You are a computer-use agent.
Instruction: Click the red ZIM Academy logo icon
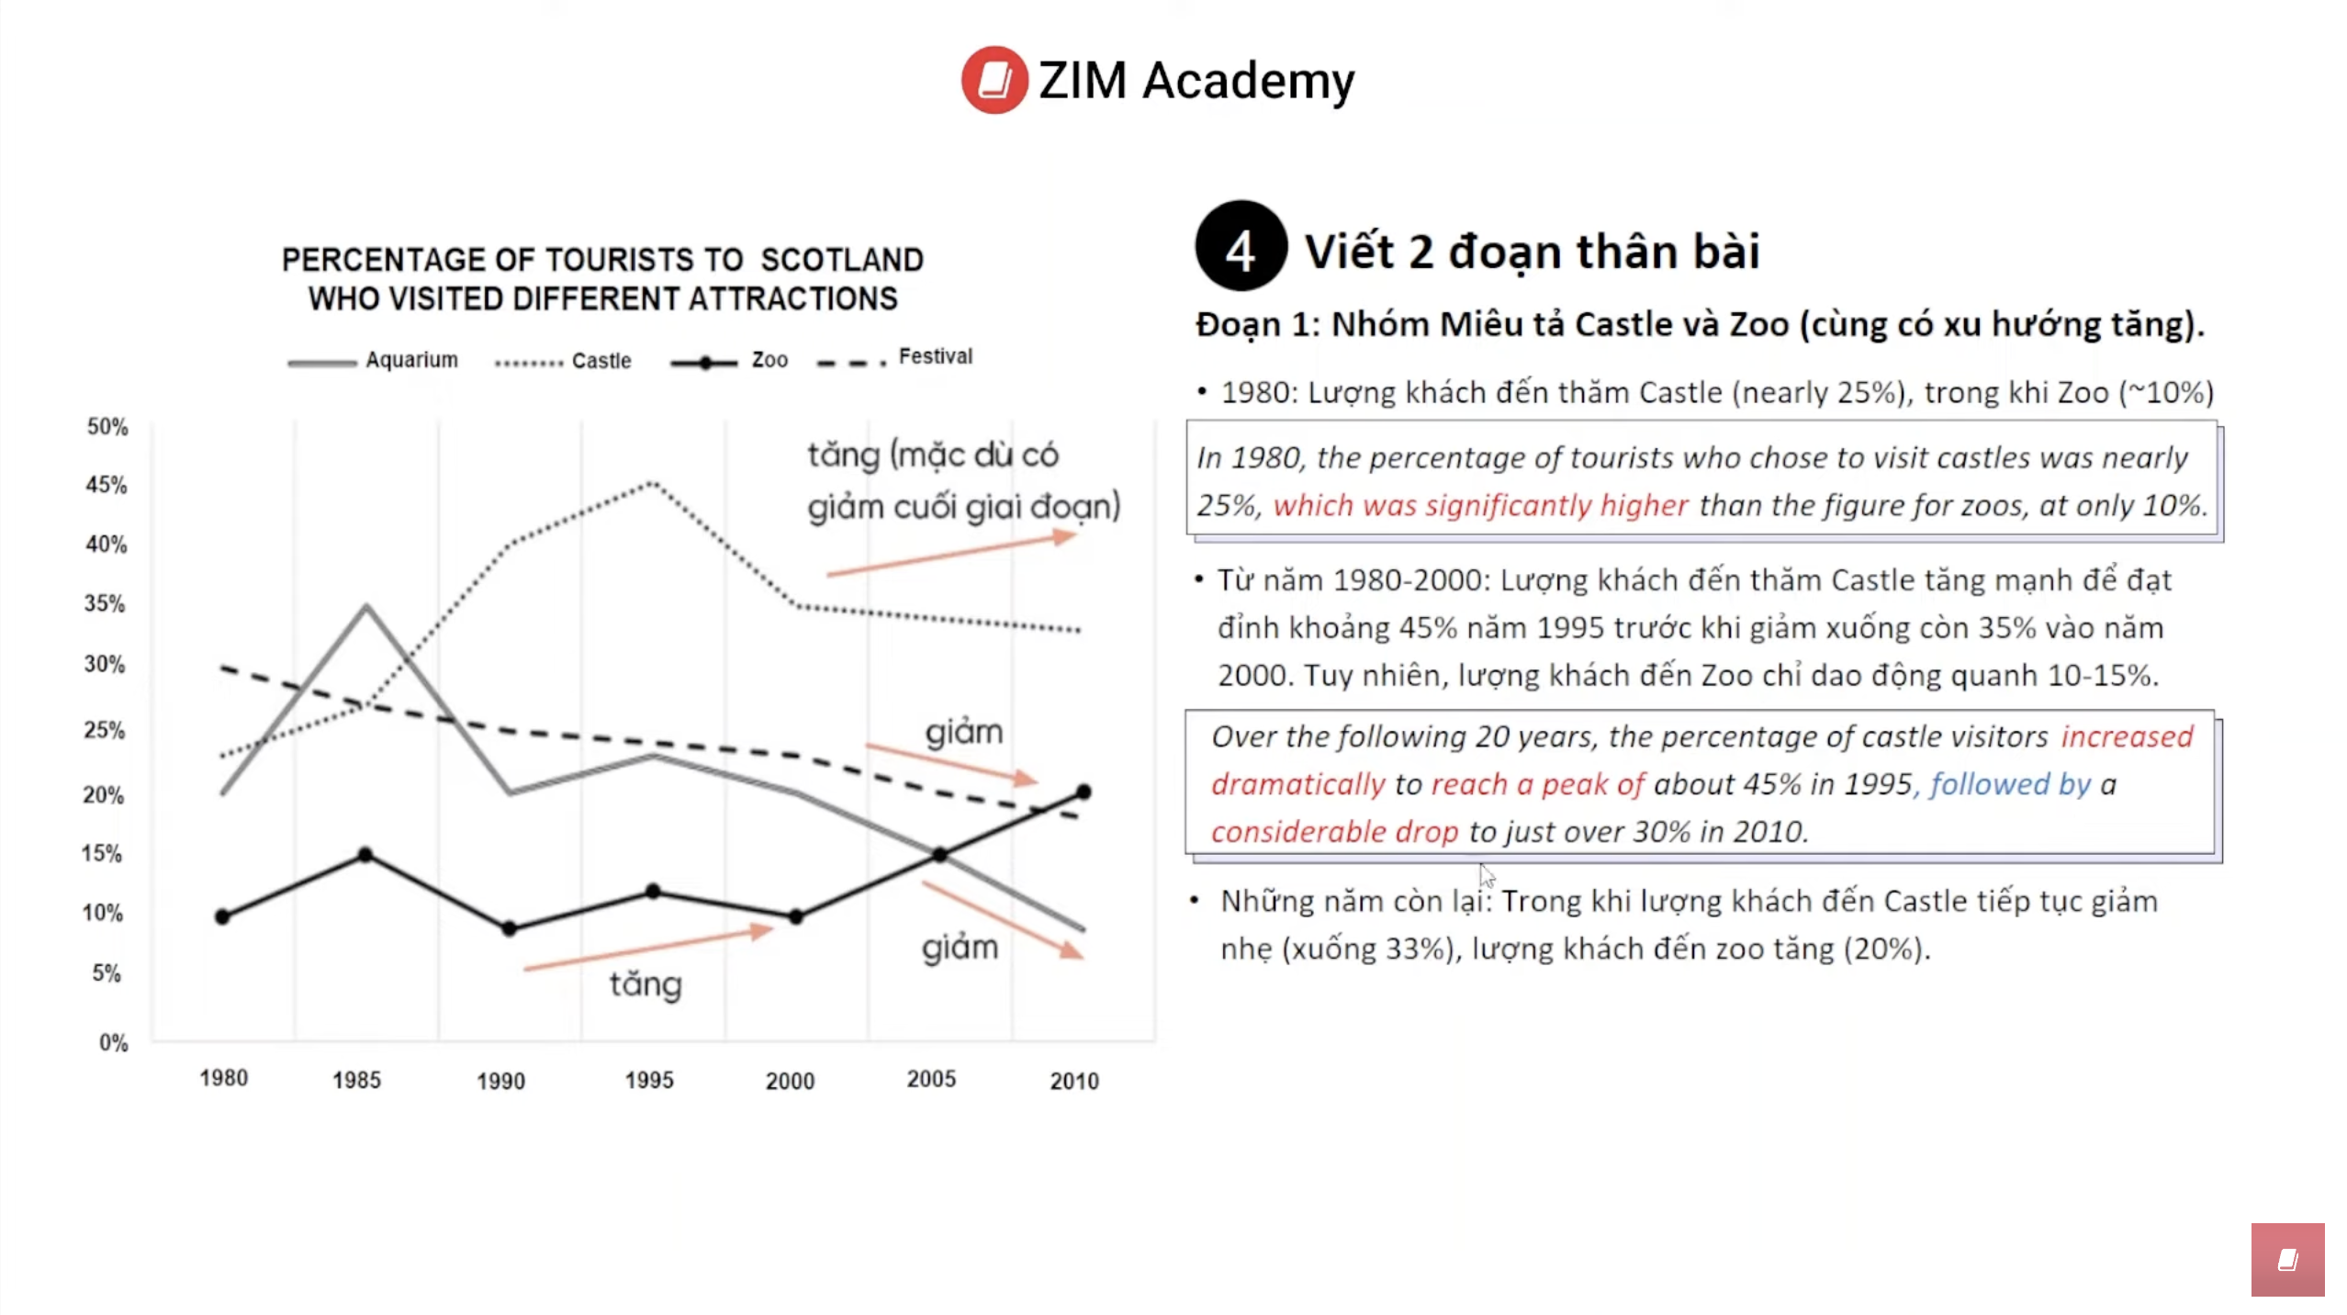point(994,80)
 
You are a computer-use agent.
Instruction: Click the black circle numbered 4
point(1240,247)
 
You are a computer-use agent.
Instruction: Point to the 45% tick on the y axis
point(107,485)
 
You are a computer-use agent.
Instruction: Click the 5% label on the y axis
point(107,972)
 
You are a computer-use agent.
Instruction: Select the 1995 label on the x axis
point(648,1080)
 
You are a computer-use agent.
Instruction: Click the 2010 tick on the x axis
point(1073,1081)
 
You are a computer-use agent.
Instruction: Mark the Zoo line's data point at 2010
point(1083,792)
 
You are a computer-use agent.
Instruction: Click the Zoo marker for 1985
point(365,855)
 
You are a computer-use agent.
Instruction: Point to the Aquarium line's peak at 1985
point(365,607)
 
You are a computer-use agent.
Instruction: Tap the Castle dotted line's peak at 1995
point(652,482)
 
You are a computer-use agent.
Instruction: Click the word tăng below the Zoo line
point(646,984)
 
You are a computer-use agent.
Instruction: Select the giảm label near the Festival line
point(963,733)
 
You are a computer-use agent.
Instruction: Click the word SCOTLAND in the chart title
point(841,260)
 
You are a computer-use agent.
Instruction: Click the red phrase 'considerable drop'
point(1333,831)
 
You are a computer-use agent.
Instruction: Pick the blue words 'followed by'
point(2009,783)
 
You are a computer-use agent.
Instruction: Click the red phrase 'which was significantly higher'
point(1479,505)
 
